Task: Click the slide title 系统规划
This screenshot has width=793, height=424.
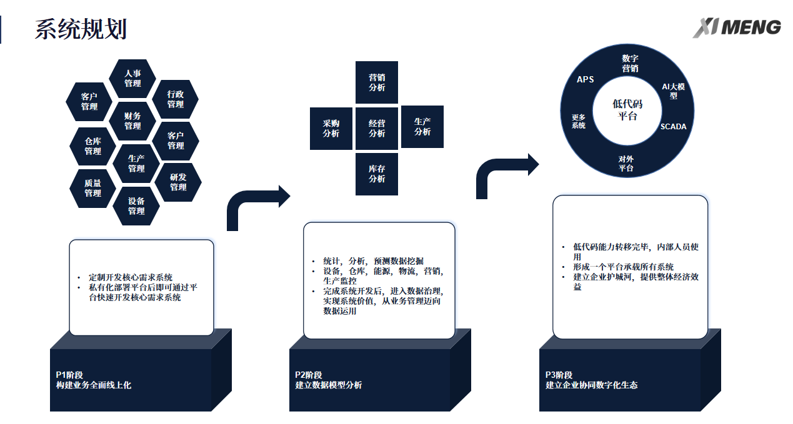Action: tap(81, 29)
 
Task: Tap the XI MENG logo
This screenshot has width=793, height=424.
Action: tap(737, 27)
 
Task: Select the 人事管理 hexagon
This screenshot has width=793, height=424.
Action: tap(132, 79)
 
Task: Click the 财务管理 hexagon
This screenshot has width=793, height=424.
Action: tap(132, 121)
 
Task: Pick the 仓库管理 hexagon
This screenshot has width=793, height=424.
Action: tap(93, 146)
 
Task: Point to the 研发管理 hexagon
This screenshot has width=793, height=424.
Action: tap(178, 182)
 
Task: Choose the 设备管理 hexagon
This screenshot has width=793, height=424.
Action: tap(136, 206)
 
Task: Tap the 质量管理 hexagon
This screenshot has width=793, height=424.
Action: tap(93, 189)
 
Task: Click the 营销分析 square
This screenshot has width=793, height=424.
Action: tap(377, 82)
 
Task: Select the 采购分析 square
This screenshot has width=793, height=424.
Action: tap(331, 129)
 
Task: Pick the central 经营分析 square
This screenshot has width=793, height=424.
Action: tap(377, 129)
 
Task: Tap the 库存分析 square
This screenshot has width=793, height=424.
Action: tap(377, 174)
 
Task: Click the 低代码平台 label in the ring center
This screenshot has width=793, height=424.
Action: tap(627, 110)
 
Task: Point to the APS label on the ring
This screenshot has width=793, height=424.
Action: tap(586, 80)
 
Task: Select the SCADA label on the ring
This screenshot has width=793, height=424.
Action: tap(673, 127)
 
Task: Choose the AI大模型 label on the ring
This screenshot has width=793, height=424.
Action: tap(673, 91)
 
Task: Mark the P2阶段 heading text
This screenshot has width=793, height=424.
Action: tap(309, 375)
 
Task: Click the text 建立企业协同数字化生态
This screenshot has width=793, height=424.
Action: tap(591, 385)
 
